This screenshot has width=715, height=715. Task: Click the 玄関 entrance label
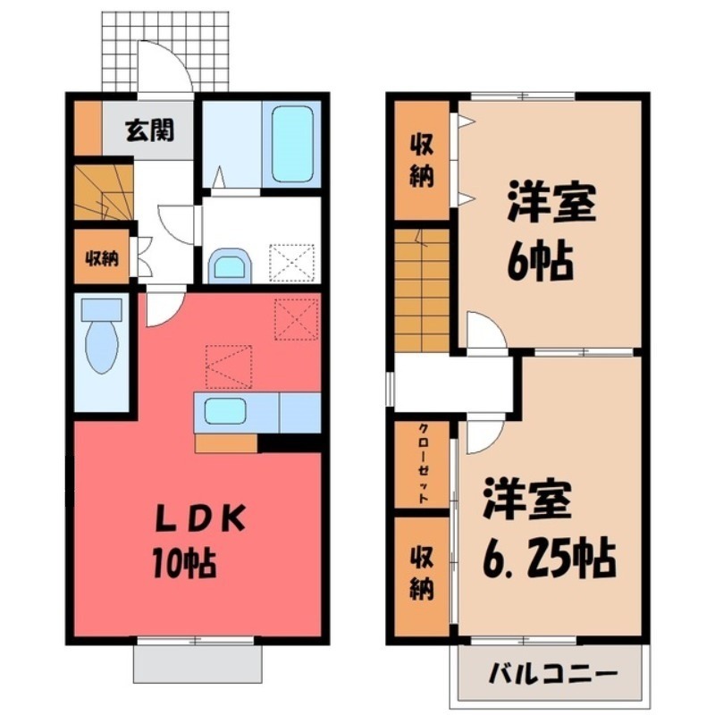tap(149, 130)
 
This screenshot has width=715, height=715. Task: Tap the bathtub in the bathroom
tap(292, 144)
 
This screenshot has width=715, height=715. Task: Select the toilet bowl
tap(101, 338)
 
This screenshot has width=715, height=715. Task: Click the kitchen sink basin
tap(225, 411)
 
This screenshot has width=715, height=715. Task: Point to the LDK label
tap(201, 518)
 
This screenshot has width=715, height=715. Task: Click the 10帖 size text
tap(184, 563)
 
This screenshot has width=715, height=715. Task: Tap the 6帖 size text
tap(540, 262)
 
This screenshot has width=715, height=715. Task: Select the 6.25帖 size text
tap(549, 558)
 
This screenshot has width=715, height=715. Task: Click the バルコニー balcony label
tap(552, 674)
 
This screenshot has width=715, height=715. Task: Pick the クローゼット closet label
tap(423, 463)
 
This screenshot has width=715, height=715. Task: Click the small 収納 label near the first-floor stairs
tap(102, 259)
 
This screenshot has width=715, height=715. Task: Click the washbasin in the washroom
tap(230, 266)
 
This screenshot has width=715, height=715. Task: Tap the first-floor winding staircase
tap(104, 192)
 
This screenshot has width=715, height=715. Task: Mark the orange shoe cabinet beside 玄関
tap(88, 128)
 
